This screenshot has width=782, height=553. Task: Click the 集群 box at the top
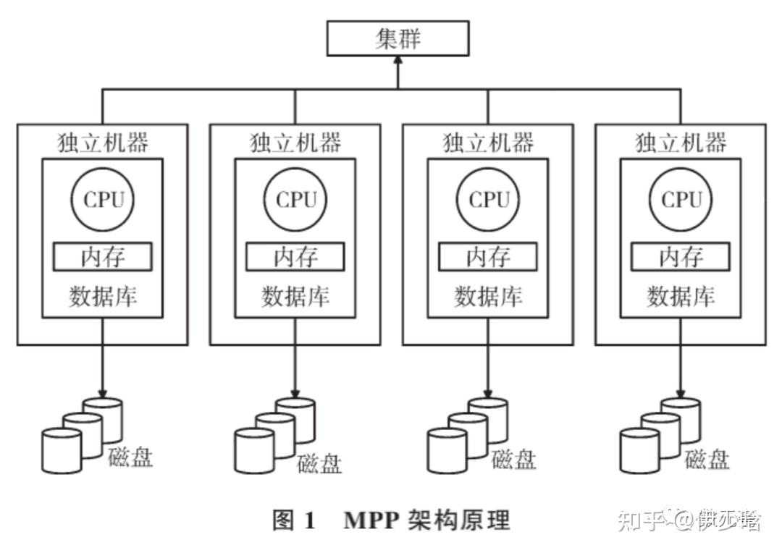point(398,38)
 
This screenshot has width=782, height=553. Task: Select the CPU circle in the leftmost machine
point(103,200)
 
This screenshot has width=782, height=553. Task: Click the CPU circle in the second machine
point(295,200)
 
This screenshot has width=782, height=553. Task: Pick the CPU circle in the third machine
point(488,200)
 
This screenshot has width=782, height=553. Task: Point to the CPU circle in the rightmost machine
point(681,200)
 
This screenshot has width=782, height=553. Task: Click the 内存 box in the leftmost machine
point(103,257)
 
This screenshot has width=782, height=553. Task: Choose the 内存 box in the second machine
point(295,257)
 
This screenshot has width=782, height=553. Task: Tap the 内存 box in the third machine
point(488,257)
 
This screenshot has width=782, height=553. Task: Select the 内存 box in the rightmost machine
point(681,257)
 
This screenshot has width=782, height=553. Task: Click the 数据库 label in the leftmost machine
point(103,296)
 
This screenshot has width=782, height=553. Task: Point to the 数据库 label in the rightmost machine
point(681,296)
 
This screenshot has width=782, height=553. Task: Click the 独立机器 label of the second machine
point(295,143)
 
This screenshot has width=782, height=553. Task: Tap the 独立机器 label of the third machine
point(488,143)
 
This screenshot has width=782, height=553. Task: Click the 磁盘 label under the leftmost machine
point(130,457)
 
